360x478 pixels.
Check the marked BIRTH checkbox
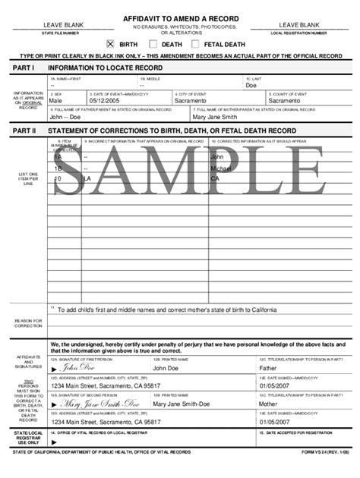click(110, 44)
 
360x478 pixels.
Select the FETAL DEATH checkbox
click(195, 44)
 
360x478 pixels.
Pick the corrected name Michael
click(220, 168)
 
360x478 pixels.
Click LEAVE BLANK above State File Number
click(58, 25)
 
